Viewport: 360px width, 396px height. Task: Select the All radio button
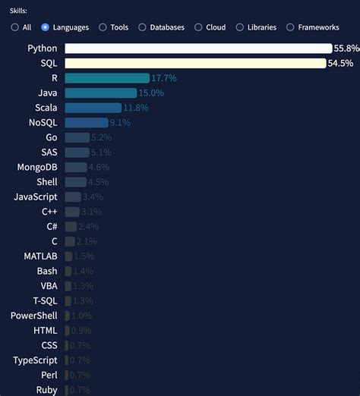coord(15,27)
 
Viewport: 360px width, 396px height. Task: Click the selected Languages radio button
coord(46,27)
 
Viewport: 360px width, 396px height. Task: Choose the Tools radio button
coord(103,27)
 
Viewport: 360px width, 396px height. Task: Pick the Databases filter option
coord(142,27)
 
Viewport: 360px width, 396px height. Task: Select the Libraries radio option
coord(240,27)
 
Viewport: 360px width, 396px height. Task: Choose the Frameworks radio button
coord(290,27)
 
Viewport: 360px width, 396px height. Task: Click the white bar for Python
coord(198,49)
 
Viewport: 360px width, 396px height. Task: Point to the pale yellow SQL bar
coord(195,63)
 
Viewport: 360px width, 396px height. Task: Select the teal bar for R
coord(106,78)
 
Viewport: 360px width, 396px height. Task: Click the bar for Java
coord(100,93)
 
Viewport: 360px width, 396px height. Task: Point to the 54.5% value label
coord(340,63)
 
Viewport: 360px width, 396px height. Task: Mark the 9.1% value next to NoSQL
coord(120,122)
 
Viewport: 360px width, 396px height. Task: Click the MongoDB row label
coord(36,167)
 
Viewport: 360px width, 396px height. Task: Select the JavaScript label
coord(35,196)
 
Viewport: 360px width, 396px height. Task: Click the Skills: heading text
coord(20,11)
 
